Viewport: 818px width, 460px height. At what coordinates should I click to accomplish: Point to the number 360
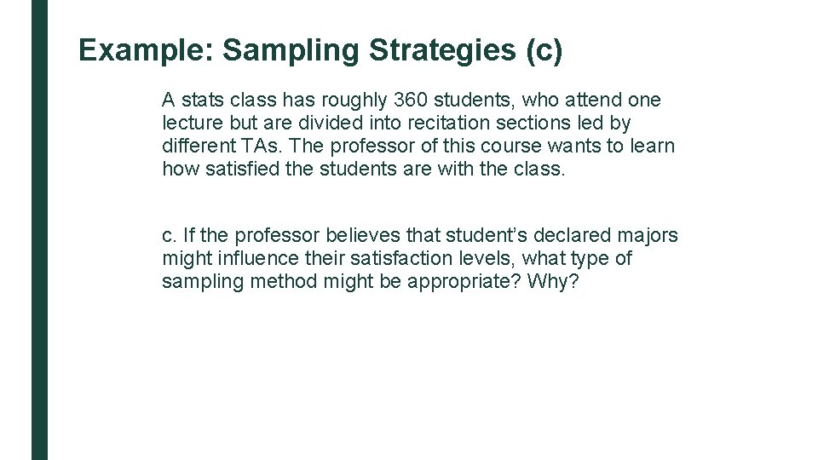[x=412, y=101]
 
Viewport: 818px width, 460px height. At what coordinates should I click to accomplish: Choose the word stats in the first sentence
[x=198, y=101]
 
